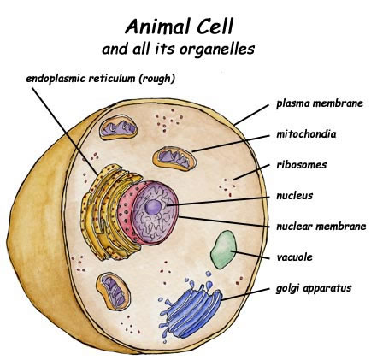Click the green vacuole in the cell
tap(224, 250)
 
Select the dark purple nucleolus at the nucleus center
tap(153, 207)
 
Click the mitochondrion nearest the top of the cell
tap(119, 127)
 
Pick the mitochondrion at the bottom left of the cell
tap(113, 291)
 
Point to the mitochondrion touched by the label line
tap(174, 158)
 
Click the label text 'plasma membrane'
tap(320, 103)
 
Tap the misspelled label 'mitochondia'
tap(306, 133)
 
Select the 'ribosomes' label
tap(302, 165)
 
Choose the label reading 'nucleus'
tap(295, 196)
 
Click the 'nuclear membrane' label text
tap(321, 227)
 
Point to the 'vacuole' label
tap(294, 257)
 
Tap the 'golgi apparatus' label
tap(314, 288)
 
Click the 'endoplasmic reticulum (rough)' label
tap(100, 79)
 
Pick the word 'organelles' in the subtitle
tap(217, 49)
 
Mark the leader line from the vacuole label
tap(250, 255)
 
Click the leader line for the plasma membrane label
tap(251, 115)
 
